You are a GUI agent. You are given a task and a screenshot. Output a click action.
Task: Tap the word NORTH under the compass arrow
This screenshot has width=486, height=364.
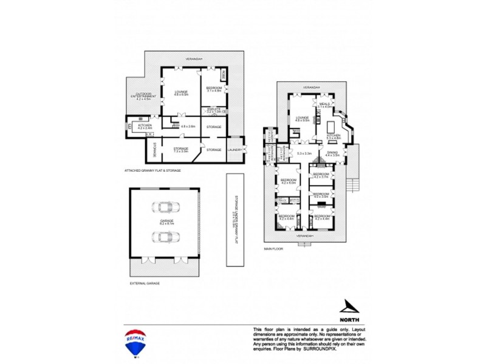[349, 319]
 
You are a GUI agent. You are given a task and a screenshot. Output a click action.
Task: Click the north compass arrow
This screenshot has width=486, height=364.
[349, 307]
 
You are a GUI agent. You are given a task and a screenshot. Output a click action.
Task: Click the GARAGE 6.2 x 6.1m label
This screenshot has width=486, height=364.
[166, 222]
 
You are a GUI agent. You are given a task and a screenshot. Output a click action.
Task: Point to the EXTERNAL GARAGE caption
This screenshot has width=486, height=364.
[145, 283]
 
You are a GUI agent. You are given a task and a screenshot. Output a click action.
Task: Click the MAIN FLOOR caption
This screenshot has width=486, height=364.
[274, 249]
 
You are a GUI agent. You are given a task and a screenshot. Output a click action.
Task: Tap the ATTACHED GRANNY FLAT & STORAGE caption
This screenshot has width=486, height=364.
[152, 170]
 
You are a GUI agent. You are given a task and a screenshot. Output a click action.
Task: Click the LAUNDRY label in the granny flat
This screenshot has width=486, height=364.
[235, 150]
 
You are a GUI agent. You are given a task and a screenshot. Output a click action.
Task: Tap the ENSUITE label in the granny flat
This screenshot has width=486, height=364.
[213, 110]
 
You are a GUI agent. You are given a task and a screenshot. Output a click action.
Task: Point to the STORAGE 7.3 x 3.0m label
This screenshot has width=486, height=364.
[181, 149]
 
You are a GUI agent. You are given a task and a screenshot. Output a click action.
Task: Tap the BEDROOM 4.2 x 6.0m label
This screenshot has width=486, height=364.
[288, 181]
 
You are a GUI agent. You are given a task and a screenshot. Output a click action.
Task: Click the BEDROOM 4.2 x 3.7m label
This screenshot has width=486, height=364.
[321, 176]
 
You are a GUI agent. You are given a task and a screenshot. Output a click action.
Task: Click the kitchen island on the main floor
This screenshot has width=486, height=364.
[332, 126]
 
